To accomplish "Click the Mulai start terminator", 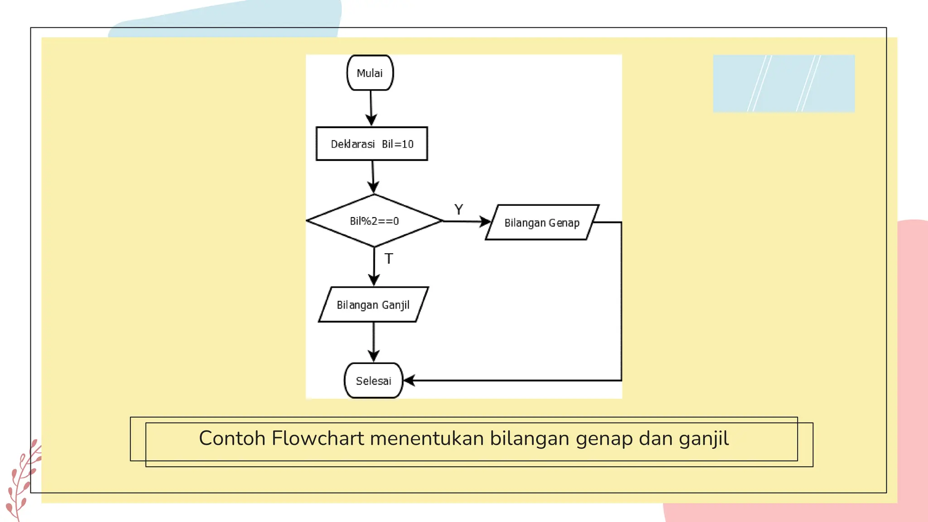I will pos(370,73).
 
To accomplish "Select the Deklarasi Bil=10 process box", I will pos(372,144).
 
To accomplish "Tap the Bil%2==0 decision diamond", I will pos(374,221).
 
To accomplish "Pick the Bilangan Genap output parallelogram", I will pos(542,222).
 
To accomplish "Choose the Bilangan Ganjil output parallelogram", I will pos(373,304).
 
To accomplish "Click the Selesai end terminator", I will pos(373,381).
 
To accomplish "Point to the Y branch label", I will pos(459,210).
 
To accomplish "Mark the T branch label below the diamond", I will pos(389,259).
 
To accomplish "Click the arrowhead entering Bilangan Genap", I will pos(486,222).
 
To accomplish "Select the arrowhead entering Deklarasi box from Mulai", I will pos(372,120).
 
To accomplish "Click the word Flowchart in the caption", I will pos(318,439).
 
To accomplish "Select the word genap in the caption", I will pos(604,439).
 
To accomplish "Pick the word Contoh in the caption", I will pos(232,439).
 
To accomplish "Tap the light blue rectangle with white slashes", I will pos(783,83).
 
